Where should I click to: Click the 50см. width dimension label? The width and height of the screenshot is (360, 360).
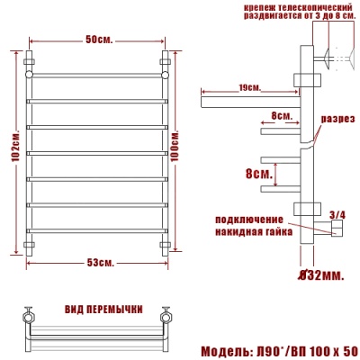pyautogui.click(x=98, y=41)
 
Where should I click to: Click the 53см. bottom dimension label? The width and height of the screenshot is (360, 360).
pyautogui.click(x=98, y=263)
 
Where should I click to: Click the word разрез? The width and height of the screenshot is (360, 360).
pyautogui.click(x=338, y=120)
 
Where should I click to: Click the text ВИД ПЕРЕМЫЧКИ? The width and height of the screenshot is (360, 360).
pyautogui.click(x=103, y=309)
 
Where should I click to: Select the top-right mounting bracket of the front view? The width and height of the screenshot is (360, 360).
pyautogui.click(x=166, y=64)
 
